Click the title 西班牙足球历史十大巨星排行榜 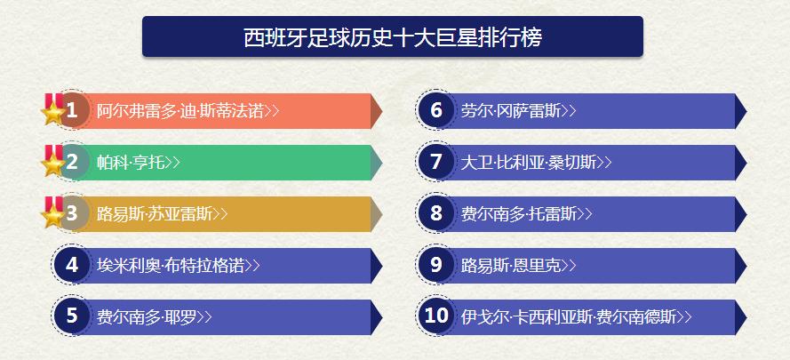392,38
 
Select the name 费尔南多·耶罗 147,316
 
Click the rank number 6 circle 436,111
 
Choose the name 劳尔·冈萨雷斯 511,111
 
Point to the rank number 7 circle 436,163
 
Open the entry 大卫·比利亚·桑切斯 528,163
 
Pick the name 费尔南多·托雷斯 519,214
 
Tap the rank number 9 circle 436,265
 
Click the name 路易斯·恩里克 511,265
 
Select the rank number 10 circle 436,316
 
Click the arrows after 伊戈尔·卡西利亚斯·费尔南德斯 685,316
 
